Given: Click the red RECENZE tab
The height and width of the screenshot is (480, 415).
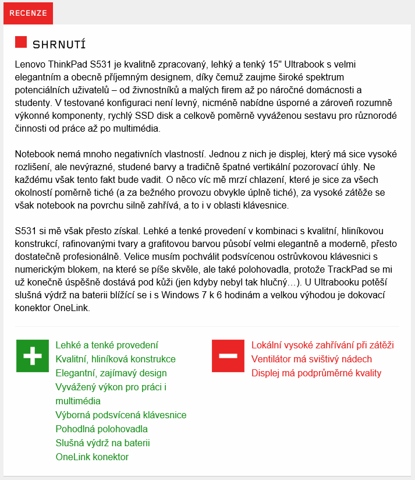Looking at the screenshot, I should (28, 13).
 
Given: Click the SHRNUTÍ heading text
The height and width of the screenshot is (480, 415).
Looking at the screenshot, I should (60, 45).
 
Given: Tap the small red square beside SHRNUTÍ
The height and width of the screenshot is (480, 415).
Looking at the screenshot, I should (21, 42).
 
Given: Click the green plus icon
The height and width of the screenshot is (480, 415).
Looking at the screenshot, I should (33, 355).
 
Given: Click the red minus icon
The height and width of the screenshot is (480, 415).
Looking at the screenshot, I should (228, 355).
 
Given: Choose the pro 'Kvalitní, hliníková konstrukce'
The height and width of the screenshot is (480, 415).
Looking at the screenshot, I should (115, 359).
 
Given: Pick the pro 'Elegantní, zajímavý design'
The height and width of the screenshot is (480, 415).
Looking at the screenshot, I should (111, 373).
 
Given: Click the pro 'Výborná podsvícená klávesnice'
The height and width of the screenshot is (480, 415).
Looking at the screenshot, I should (120, 415).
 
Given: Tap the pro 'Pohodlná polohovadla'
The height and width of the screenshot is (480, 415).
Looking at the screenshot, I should (101, 429).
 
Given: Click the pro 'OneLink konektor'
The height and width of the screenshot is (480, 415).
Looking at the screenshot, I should (92, 457).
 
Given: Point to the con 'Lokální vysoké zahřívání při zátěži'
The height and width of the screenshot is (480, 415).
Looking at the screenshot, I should (322, 345).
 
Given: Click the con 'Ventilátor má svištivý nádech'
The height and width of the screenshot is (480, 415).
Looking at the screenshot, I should (311, 359).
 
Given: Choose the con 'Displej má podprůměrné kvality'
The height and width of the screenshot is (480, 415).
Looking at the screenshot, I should (316, 373).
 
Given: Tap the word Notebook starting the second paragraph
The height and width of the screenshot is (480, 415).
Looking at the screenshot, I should (35, 154).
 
